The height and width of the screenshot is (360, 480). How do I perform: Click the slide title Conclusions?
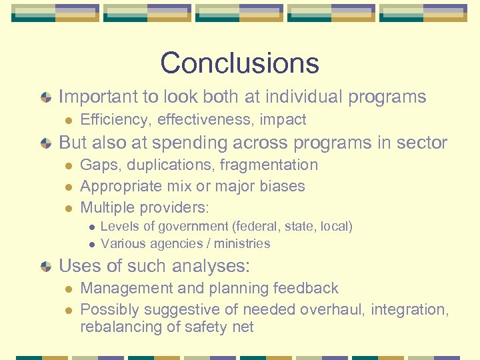(x=239, y=63)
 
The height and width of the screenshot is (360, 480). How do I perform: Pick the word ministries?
(x=242, y=243)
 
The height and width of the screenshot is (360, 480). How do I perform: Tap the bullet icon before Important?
(x=45, y=97)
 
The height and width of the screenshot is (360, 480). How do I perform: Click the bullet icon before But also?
(x=45, y=143)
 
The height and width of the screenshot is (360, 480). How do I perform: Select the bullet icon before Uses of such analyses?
(x=45, y=267)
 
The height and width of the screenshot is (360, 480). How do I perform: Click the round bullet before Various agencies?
(x=91, y=244)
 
